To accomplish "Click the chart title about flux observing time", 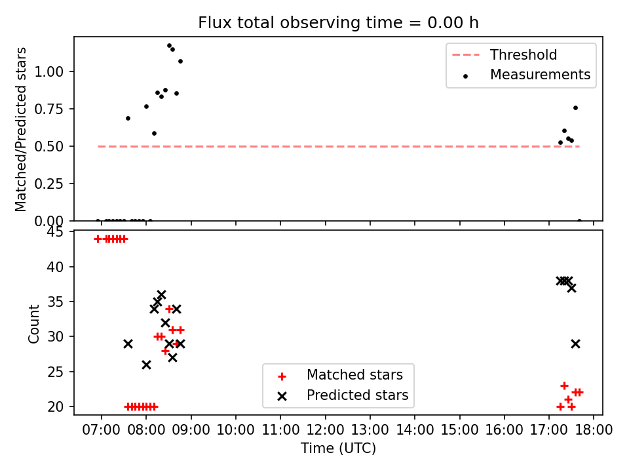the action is (x=338, y=22).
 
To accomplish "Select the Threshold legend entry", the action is (x=505, y=54).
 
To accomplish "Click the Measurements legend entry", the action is (x=526, y=75).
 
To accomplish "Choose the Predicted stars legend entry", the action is (x=343, y=395).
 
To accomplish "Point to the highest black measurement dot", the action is (x=169, y=46).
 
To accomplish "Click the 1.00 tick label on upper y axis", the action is (x=49, y=72).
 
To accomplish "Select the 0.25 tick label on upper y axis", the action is (x=49, y=184).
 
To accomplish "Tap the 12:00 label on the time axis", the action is (x=326, y=430).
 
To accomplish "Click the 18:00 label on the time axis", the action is (x=594, y=430).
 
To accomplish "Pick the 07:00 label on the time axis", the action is (x=101, y=430).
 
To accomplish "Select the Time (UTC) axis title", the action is (x=338, y=448).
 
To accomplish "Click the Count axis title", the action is (x=33, y=323).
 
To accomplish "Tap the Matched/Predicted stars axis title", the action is (x=21, y=129).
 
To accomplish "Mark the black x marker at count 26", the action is (x=146, y=365).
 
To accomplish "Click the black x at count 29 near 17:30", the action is (x=576, y=344).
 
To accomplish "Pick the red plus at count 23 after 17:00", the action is (x=564, y=385).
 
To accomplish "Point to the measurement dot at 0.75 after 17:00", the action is (x=576, y=108).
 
